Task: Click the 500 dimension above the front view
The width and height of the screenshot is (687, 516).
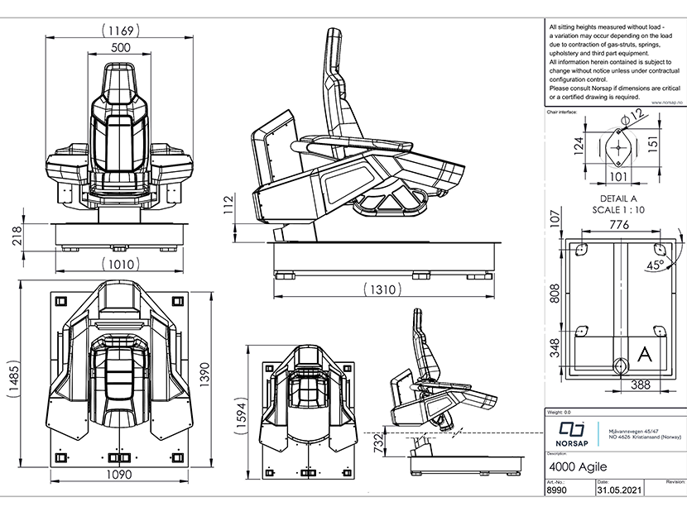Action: (x=121, y=47)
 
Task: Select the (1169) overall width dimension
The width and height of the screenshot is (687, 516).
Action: (x=121, y=30)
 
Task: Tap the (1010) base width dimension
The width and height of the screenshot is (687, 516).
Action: (x=121, y=265)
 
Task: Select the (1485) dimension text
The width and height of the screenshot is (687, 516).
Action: (x=12, y=381)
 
